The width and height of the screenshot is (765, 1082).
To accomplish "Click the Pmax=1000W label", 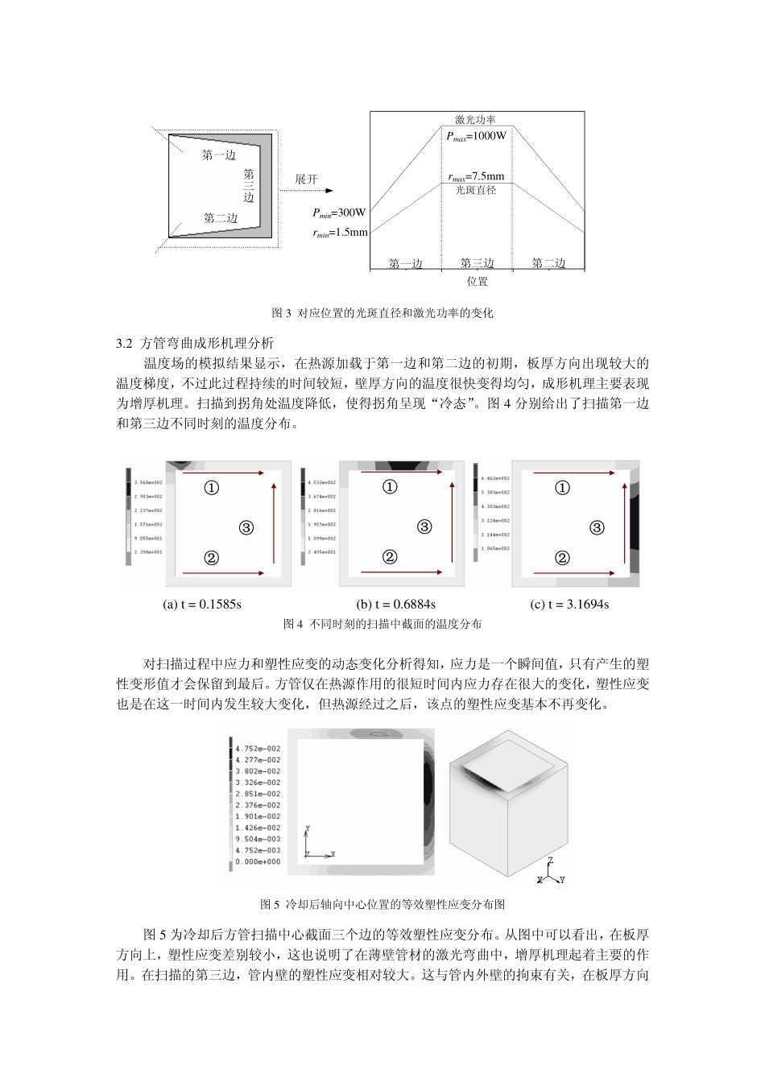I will pos(477,136).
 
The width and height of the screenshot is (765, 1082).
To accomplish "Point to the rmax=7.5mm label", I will pos(476,176).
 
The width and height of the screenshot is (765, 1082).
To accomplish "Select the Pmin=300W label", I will pos(339,213).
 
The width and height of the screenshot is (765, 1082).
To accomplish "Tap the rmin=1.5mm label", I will pos(340,233).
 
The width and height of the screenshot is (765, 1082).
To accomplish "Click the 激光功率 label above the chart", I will pos(475,119).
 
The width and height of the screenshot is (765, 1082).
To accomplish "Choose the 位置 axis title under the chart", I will pos(477,282).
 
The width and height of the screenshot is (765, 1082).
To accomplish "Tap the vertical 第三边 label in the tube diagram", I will pos(249,185).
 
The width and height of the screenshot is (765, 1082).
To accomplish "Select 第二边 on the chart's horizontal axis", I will pos(548,263).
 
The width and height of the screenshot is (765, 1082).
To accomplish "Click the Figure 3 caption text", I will pos(382,313).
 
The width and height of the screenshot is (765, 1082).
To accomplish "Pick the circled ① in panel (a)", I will pos(211,488).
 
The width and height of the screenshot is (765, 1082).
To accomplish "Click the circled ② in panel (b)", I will pos(390,557).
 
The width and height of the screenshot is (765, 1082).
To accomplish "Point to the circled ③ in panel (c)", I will pos(597,528).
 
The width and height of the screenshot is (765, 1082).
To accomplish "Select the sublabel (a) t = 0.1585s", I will pos(202,604).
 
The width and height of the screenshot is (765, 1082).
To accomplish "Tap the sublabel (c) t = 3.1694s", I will pos(569,604).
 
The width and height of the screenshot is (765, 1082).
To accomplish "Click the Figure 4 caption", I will pos(382,624).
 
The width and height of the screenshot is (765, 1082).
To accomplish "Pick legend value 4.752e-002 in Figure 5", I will pos(258,749).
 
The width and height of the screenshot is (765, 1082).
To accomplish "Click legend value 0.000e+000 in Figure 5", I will pos(258,861).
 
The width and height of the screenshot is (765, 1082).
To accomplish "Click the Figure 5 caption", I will pos(382,904).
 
